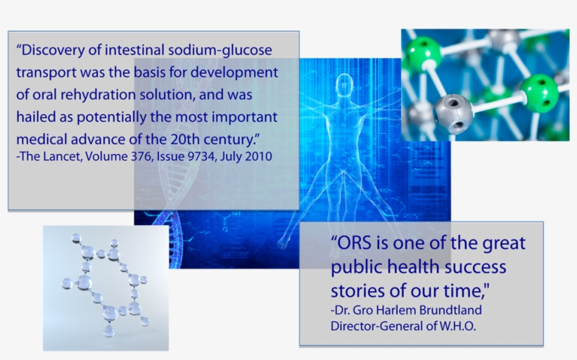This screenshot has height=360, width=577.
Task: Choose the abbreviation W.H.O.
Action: tap(456, 327)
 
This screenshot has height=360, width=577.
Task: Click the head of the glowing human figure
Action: tap(345, 85)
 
